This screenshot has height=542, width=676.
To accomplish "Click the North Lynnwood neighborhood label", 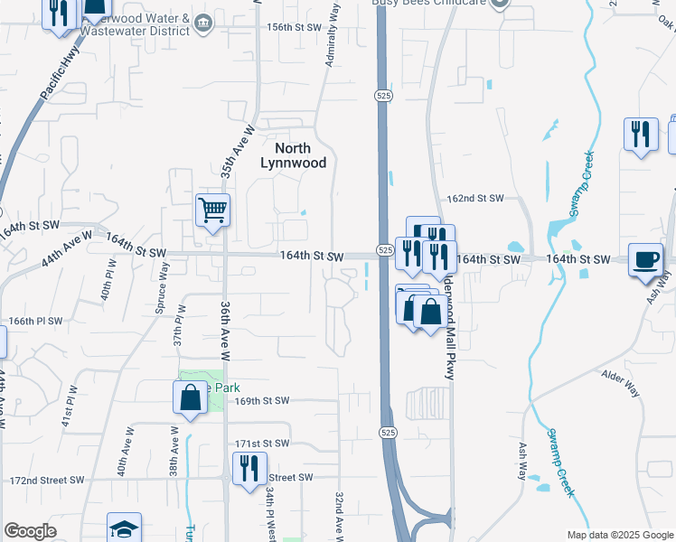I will (286, 155).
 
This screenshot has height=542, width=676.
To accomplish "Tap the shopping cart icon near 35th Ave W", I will (213, 210).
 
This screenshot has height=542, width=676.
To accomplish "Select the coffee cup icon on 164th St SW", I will (645, 260).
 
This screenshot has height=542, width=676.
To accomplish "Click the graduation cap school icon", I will (124, 529).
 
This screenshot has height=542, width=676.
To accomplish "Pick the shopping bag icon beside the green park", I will (190, 397).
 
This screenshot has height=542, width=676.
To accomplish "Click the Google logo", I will (30, 531).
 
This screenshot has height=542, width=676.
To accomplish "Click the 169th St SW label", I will (261, 400).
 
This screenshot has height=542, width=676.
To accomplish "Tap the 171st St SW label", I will (262, 444).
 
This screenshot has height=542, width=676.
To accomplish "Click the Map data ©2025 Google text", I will (620, 535).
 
